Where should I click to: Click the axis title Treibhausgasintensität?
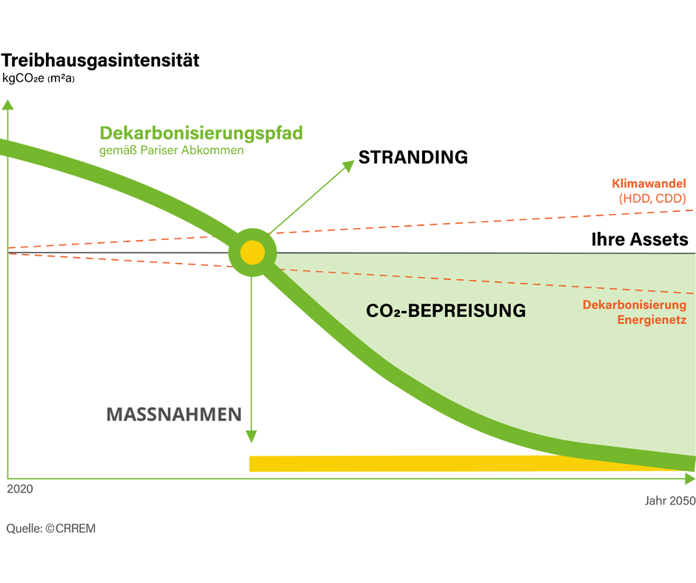(101, 60)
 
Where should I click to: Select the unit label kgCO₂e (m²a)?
(39, 79)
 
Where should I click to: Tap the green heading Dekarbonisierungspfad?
(201, 133)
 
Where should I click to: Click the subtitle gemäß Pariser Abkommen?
(171, 150)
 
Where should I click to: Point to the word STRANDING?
(412, 157)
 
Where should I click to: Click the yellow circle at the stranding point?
(252, 253)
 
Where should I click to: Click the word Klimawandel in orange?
(649, 183)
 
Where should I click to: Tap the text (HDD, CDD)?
(652, 199)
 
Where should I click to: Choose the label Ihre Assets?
(640, 239)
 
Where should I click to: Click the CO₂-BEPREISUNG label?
(446, 311)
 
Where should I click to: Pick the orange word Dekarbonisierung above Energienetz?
(634, 304)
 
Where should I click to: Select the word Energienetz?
(652, 320)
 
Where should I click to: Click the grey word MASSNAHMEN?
(174, 414)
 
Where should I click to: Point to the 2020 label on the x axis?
(19, 490)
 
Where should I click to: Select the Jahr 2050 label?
(669, 501)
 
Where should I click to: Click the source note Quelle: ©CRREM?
(51, 529)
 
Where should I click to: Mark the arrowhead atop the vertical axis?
(7, 104)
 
